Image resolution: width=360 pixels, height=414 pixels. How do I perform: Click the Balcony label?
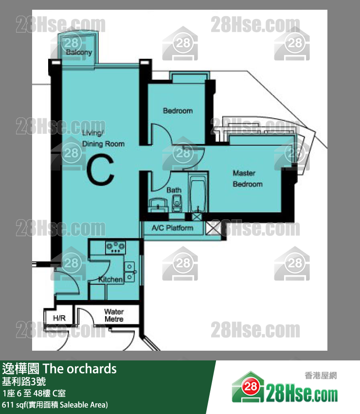pos(79,52)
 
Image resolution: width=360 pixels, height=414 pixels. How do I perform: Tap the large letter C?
pos(101,170)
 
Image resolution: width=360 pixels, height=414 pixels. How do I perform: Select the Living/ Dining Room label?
pos(103,138)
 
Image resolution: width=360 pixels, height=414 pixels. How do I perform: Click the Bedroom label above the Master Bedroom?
pos(178,111)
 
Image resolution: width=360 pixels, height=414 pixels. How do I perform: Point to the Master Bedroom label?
pos(248,178)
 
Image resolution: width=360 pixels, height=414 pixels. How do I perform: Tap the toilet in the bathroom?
pos(177,203)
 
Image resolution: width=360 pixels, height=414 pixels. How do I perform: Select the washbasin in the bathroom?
pos(158,205)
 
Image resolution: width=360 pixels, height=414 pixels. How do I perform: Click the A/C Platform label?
pos(172,227)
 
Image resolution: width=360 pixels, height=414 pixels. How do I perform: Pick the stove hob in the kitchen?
pos(115,247)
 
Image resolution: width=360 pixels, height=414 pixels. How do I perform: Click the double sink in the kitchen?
pos(130,272)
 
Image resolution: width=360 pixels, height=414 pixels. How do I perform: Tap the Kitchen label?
pos(110,280)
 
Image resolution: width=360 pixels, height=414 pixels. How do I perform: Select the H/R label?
pos(59,318)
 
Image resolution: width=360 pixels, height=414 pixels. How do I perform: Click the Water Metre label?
pos(114,315)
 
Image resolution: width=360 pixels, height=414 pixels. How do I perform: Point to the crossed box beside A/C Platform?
pos(213,228)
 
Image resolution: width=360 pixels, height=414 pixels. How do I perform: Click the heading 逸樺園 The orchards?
pos(59,369)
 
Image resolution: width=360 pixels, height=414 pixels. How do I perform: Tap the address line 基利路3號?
pos(24,381)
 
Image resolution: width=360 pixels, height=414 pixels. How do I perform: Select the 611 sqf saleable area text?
pos(55,405)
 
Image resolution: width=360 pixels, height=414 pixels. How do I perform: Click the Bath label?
pos(174,190)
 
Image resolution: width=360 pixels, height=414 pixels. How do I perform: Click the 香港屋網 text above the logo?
pos(321,376)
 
